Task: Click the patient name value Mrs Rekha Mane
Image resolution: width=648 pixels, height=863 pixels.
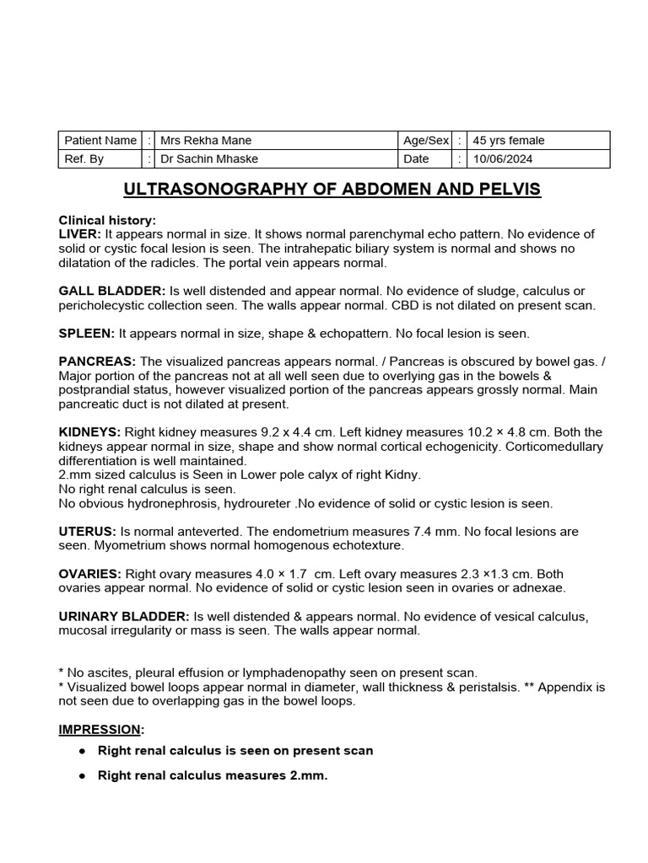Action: pyautogui.click(x=206, y=141)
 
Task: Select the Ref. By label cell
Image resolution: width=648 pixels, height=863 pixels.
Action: pyautogui.click(x=84, y=158)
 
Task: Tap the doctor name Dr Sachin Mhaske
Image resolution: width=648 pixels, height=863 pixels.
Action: pyautogui.click(x=210, y=158)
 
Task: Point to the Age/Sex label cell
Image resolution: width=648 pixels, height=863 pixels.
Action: pyautogui.click(x=426, y=141)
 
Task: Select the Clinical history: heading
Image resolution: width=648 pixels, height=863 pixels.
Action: pyautogui.click(x=107, y=220)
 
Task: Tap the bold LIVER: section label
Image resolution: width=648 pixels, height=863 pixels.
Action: pyautogui.click(x=80, y=233)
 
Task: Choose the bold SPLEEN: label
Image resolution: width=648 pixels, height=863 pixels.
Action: pyautogui.click(x=87, y=334)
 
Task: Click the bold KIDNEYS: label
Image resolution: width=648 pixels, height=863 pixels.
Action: pyautogui.click(x=89, y=432)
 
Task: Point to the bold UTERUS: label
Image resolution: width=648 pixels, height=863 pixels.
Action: pyautogui.click(x=87, y=532)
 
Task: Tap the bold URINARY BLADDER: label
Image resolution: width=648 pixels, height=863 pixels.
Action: pyautogui.click(x=124, y=617)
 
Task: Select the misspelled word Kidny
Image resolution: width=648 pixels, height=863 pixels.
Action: pyautogui.click(x=402, y=475)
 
